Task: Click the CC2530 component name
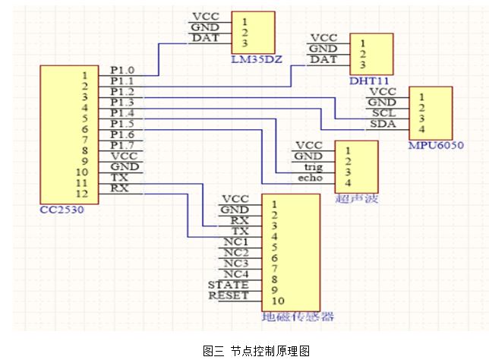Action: pyautogui.click(x=62, y=210)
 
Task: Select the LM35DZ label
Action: pyautogui.click(x=257, y=59)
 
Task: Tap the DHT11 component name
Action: pyautogui.click(x=369, y=81)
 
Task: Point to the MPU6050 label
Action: pyautogui.click(x=436, y=145)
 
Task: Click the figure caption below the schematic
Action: pyautogui.click(x=256, y=351)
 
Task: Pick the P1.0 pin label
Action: pyautogui.click(x=122, y=71)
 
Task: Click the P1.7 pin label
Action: pyautogui.click(x=122, y=145)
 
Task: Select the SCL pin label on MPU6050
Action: pyautogui.click(x=383, y=113)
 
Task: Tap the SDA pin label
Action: pyautogui.click(x=383, y=124)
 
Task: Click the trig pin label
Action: pyautogui.click(x=314, y=167)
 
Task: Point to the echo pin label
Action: pyautogui.click(x=311, y=178)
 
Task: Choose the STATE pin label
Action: pyautogui.click(x=229, y=285)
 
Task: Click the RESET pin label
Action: pyautogui.click(x=229, y=295)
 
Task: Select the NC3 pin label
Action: pyautogui.click(x=236, y=264)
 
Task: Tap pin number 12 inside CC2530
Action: pyautogui.click(x=82, y=194)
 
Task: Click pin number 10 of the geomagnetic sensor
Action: pyautogui.click(x=278, y=301)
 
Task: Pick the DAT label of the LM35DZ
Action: pyautogui.click(x=206, y=38)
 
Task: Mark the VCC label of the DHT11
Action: pyautogui.click(x=324, y=38)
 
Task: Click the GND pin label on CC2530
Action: pyautogui.click(x=125, y=166)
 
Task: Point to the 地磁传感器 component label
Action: pyautogui.click(x=298, y=317)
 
